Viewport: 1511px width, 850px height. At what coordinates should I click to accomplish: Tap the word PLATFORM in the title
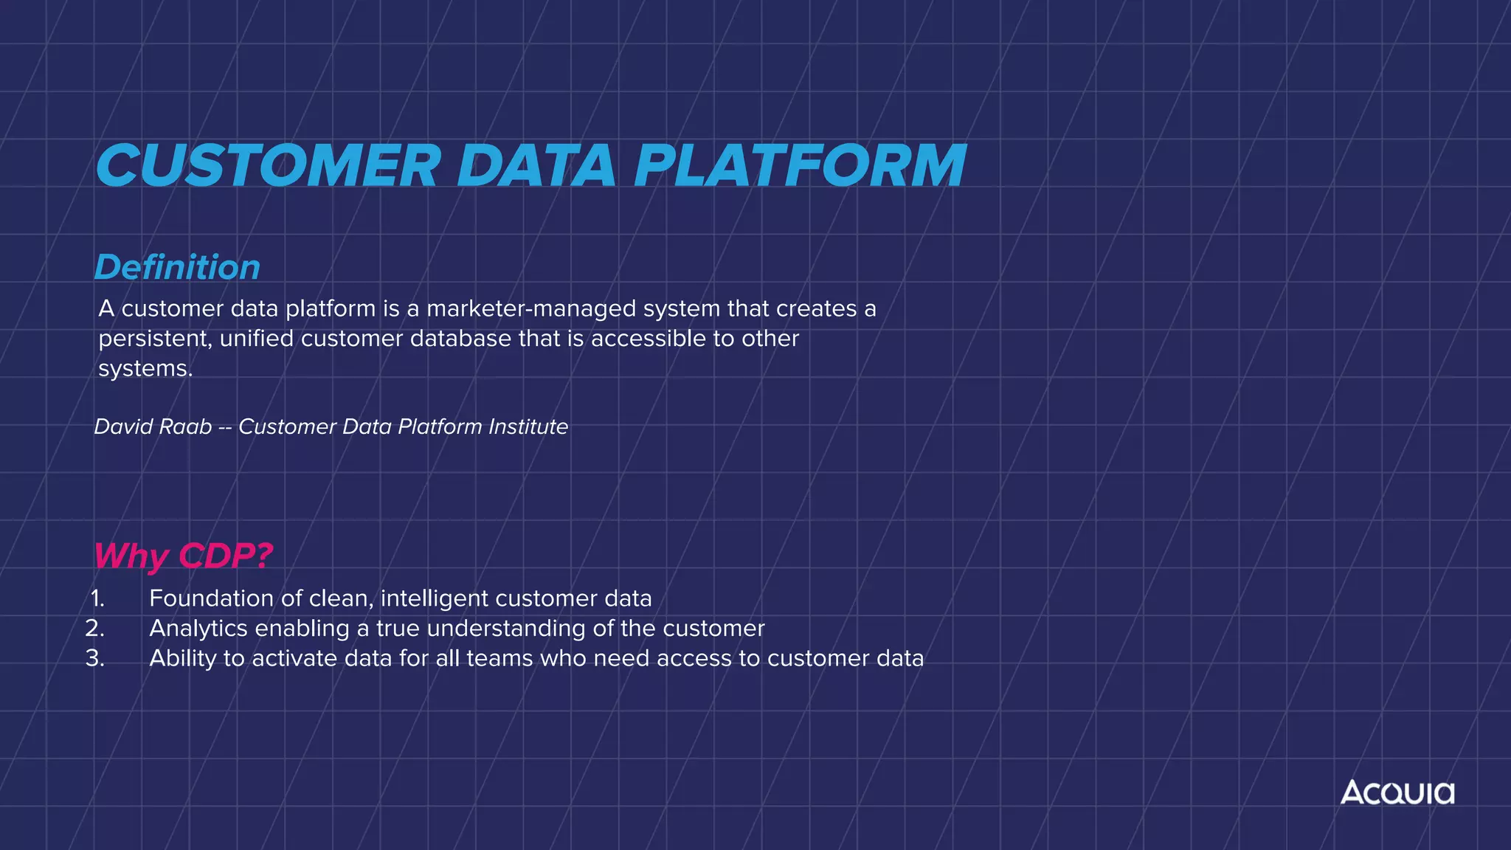(800, 165)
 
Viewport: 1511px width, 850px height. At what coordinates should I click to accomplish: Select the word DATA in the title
(536, 165)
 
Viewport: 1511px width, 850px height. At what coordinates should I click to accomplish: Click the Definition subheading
(177, 267)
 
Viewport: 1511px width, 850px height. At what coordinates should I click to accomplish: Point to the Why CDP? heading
(183, 556)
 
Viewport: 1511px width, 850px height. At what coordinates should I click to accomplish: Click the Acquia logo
(1397, 792)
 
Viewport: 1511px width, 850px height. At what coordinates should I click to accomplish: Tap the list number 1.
(97, 598)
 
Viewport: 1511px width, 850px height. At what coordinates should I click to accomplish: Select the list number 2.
(95, 629)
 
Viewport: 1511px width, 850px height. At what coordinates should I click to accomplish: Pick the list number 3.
(95, 659)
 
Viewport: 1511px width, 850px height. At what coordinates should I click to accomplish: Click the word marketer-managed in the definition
(531, 308)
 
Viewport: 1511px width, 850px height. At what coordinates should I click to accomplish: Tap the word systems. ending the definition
(145, 369)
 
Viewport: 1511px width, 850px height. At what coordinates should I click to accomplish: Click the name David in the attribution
(122, 426)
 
